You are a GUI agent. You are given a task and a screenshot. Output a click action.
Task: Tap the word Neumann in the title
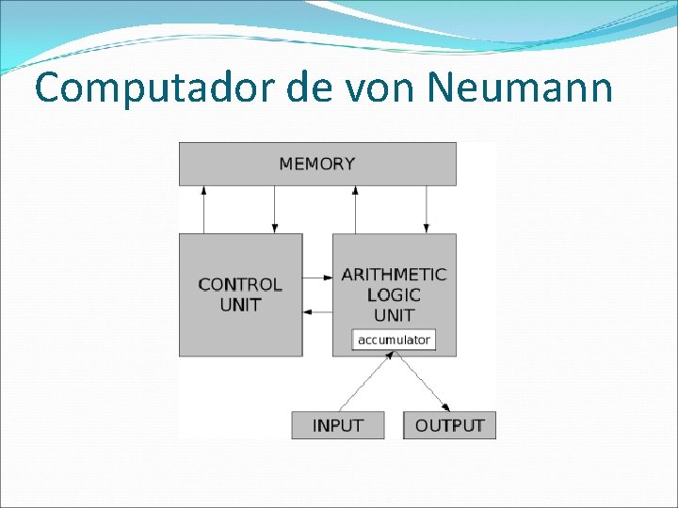pos(519,87)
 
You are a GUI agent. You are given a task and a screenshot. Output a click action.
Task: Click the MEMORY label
pos(317,164)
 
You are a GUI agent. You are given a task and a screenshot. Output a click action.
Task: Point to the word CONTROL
pos(240,284)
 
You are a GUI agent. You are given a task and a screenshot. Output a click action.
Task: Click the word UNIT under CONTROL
pos(240,305)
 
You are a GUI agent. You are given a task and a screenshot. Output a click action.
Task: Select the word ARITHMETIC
pos(394,275)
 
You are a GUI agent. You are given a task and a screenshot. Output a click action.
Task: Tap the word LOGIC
pos(394,294)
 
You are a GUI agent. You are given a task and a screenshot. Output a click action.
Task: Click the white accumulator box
pos(394,340)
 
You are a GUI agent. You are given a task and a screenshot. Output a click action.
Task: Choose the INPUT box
pos(337,425)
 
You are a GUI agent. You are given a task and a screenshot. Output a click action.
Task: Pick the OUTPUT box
pos(449,425)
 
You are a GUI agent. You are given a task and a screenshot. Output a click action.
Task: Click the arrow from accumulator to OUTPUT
pos(421,381)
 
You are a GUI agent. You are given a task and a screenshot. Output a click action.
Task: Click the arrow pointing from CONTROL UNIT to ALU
pos(317,277)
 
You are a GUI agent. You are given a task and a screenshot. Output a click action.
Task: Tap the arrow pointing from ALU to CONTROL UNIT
pos(317,311)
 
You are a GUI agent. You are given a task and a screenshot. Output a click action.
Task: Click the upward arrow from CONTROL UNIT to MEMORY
pos(203,209)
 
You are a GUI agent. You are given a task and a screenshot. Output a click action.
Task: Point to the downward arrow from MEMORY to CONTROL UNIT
pos(274,209)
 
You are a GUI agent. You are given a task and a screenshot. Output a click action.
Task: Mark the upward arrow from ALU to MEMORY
pos(355,209)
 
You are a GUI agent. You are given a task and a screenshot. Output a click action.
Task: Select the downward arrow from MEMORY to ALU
pos(427,209)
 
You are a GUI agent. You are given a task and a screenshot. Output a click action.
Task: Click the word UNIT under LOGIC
pos(394,315)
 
